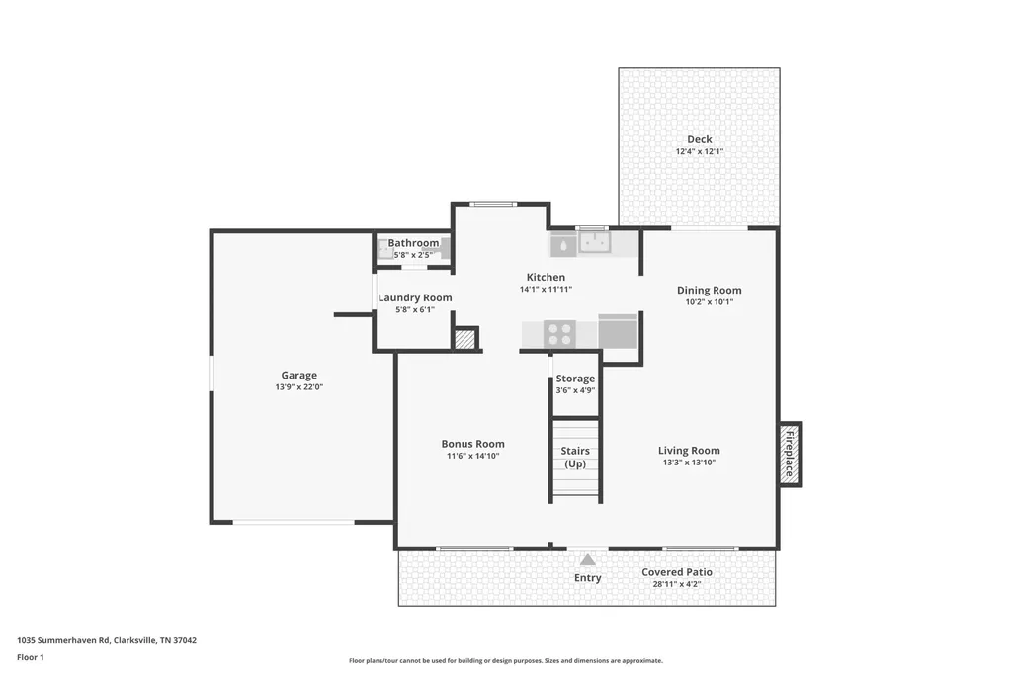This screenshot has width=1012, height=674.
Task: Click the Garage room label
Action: (x=298, y=376)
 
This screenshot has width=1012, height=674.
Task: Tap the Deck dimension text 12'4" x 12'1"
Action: (x=700, y=152)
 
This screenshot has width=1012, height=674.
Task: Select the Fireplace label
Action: (x=789, y=454)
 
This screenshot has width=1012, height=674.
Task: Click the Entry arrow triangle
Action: (x=587, y=559)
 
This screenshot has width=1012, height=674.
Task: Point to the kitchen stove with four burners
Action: (x=559, y=334)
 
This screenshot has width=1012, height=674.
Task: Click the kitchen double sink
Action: (x=594, y=243)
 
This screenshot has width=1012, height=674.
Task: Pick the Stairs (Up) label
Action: (x=575, y=458)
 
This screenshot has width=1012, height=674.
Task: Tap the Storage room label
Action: (x=575, y=379)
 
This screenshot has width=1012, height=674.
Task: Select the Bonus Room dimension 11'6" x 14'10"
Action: (x=473, y=456)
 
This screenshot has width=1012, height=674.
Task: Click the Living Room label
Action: (x=689, y=451)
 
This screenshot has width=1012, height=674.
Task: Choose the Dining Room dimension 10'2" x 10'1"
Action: (x=710, y=302)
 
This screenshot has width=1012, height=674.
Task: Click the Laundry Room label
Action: (x=415, y=298)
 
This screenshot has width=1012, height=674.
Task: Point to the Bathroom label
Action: (x=413, y=243)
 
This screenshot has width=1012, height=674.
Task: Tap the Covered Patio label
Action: (x=677, y=572)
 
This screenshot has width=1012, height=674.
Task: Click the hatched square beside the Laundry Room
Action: (x=464, y=339)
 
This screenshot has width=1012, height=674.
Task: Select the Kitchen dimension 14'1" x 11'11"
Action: (x=546, y=290)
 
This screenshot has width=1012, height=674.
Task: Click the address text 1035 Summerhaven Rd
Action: (x=63, y=641)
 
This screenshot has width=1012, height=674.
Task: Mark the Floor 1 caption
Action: (x=31, y=658)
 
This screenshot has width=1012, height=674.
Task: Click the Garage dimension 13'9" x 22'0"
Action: (x=298, y=387)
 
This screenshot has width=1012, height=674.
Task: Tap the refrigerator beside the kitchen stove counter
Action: (x=618, y=331)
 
